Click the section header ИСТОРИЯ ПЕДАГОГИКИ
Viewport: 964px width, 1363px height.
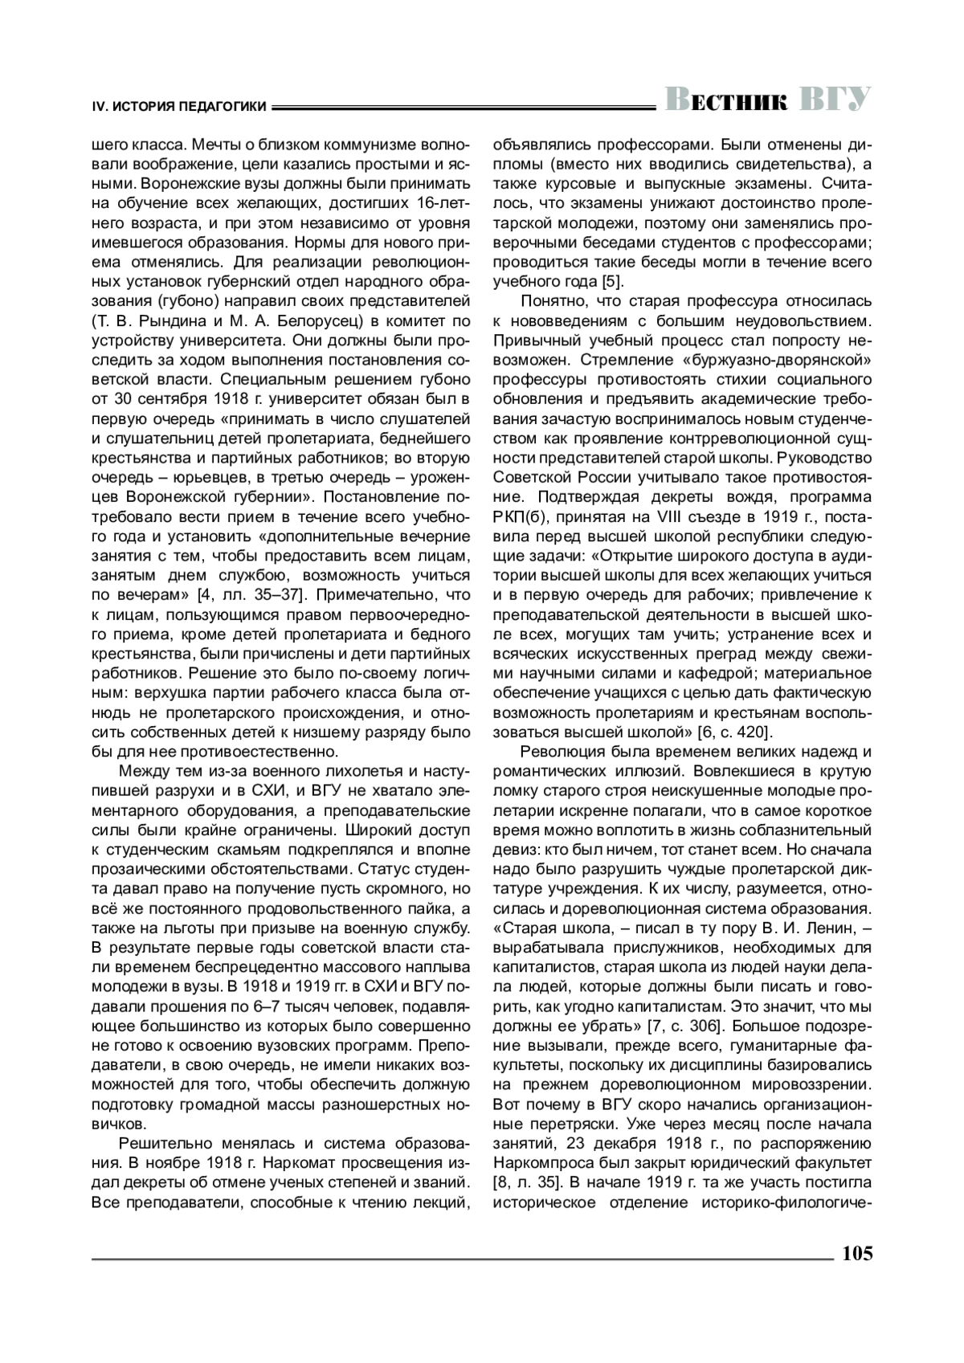(190, 105)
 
